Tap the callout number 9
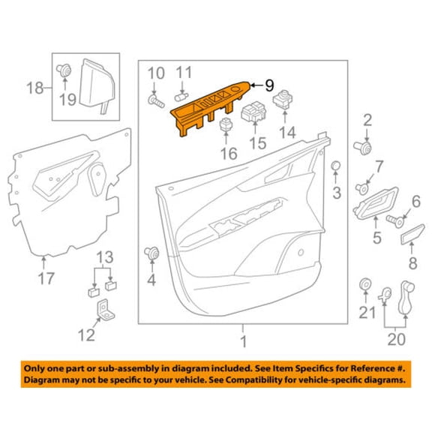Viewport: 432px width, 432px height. point(269,85)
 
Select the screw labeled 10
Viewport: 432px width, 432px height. point(156,101)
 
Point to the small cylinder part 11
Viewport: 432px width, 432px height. point(181,97)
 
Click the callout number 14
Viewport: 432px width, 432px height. point(287,133)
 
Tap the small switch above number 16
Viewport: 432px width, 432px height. point(226,124)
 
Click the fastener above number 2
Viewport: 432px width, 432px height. point(363,148)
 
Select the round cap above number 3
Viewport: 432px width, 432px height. point(335,165)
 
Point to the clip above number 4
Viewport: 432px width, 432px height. point(151,253)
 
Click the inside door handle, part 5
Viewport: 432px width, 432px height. point(376,203)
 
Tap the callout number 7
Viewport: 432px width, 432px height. point(379,166)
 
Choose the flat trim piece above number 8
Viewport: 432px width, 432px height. point(412,234)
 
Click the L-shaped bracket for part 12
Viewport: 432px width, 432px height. point(106,310)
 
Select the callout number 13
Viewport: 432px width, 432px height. point(105,257)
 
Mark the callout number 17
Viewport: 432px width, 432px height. point(46,278)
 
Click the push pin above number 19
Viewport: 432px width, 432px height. point(64,70)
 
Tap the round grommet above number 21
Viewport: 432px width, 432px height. point(365,284)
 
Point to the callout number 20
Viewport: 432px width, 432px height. point(397,340)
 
